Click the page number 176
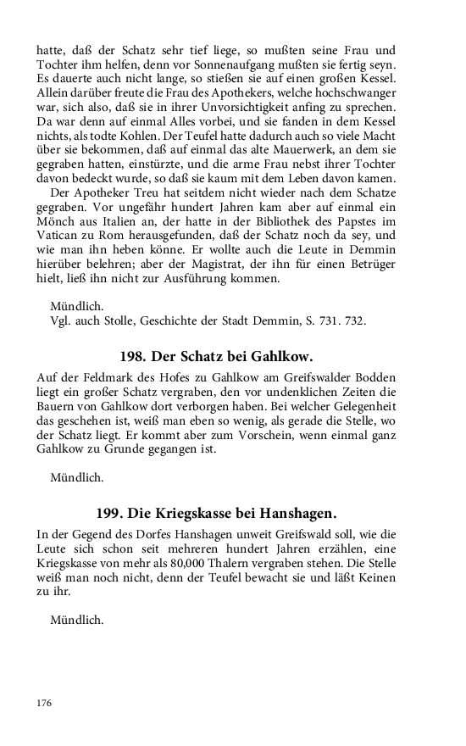(44, 703)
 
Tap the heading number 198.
(135, 357)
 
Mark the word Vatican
(60, 233)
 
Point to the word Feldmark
(100, 377)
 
